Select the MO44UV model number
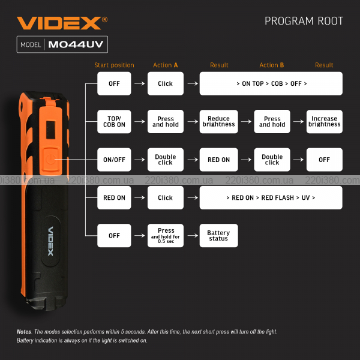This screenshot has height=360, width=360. (x=76, y=44)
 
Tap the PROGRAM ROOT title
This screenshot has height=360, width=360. (x=304, y=21)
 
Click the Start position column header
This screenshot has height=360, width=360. (x=114, y=65)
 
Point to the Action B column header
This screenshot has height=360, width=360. (x=272, y=65)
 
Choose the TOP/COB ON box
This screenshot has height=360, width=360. (x=114, y=121)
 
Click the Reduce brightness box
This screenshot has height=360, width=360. (x=218, y=121)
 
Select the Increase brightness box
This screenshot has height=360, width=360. (x=325, y=121)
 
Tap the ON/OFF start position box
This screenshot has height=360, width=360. (x=114, y=160)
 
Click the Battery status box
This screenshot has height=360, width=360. (x=218, y=236)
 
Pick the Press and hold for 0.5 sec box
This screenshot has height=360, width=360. (x=166, y=236)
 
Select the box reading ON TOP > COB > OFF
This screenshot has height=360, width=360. (x=271, y=83)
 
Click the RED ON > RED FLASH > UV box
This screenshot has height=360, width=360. (x=271, y=197)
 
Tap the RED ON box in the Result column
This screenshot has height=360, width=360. (x=218, y=160)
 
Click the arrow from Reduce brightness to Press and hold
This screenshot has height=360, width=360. (x=246, y=121)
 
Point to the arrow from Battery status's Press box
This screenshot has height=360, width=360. (x=193, y=236)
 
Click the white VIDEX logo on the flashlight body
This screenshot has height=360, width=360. (x=50, y=241)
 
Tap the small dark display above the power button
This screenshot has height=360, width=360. (x=50, y=130)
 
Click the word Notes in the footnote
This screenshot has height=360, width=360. (x=24, y=332)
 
